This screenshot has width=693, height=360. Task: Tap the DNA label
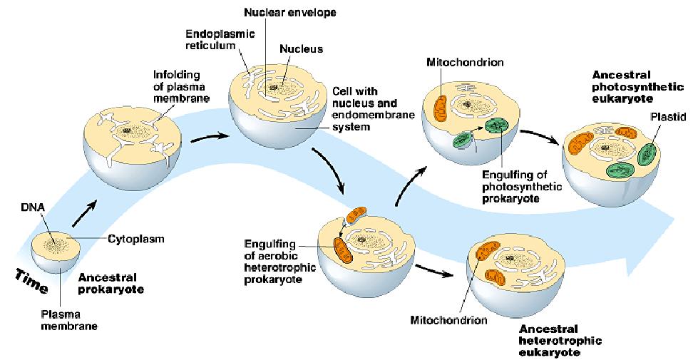click(x=33, y=207)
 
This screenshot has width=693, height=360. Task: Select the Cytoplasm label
click(x=136, y=239)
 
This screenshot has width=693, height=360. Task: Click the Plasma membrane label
click(x=69, y=320)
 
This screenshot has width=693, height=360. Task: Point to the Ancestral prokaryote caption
click(x=111, y=283)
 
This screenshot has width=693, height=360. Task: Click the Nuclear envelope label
click(x=290, y=12)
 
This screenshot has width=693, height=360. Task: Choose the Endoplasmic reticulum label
click(x=220, y=39)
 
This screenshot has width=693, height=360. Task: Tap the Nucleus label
click(x=301, y=48)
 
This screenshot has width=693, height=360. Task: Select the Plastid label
click(x=668, y=117)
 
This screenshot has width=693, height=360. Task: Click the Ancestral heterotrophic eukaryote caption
click(x=560, y=341)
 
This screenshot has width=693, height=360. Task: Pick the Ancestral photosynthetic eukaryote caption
click(x=637, y=86)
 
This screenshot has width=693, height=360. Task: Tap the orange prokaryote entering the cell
click(x=356, y=215)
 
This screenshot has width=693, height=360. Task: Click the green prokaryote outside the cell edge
click(x=462, y=140)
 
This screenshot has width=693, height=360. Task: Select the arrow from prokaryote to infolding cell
click(x=84, y=214)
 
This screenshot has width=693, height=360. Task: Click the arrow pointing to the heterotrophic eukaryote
click(x=435, y=270)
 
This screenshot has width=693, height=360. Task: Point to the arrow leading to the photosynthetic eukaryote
click(x=539, y=135)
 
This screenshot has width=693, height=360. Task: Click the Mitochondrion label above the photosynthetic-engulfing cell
click(x=465, y=62)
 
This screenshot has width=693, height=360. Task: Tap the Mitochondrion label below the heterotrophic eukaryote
click(x=448, y=320)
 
